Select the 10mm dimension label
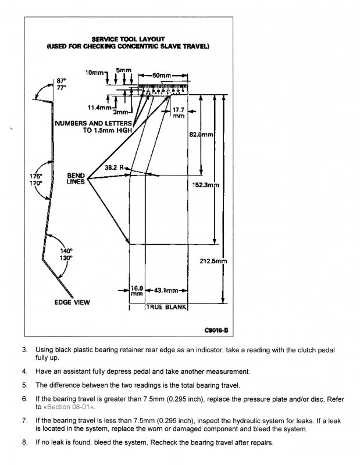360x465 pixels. coord(95,72)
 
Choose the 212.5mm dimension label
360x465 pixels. coord(213,262)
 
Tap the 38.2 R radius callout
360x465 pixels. coord(115,167)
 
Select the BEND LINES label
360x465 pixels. coord(76,178)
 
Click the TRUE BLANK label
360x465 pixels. coord(166,307)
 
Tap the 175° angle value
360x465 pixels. coord(36,176)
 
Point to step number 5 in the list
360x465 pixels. coord(24,385)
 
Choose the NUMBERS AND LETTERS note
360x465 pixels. coord(93,123)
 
